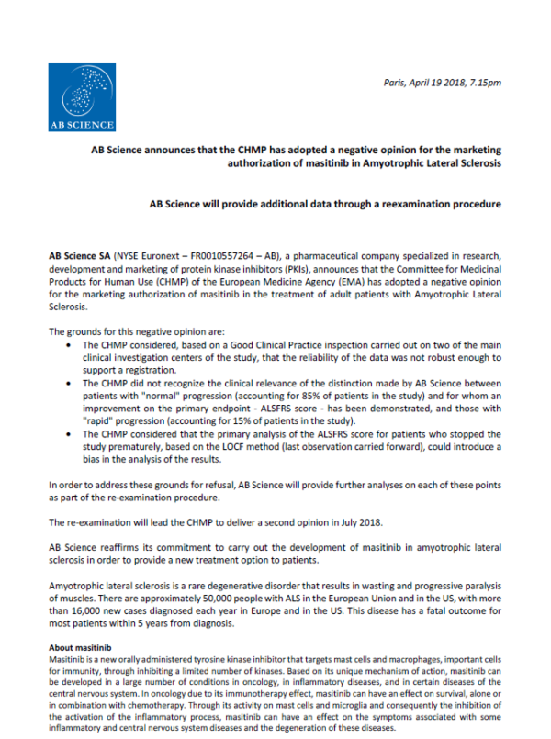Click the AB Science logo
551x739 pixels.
82,97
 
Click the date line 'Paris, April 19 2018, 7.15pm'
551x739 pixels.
443,83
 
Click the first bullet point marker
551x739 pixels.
73,343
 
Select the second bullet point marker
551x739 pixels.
73,379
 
